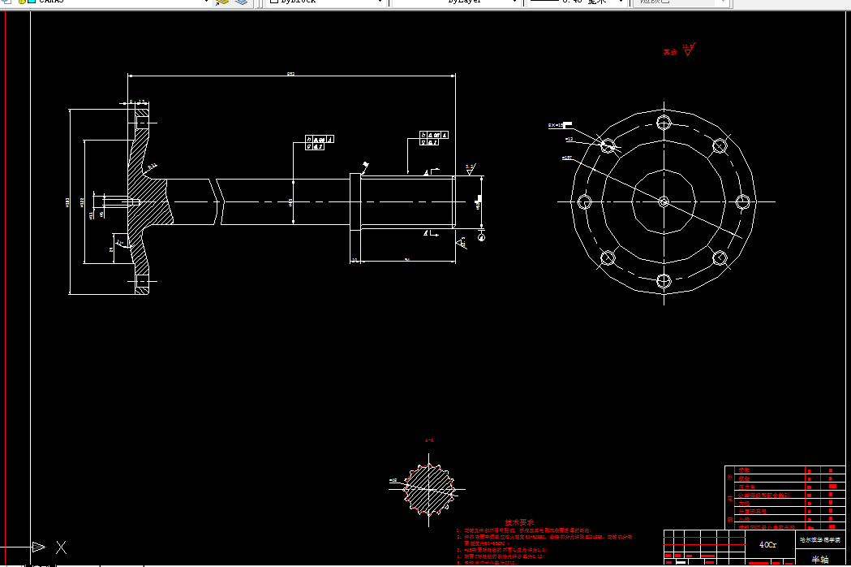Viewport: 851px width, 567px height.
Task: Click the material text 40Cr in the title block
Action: point(767,544)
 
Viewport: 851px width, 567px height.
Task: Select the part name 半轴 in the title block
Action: point(820,559)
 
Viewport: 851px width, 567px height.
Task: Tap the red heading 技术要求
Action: point(519,523)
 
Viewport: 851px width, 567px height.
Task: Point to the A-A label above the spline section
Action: point(429,440)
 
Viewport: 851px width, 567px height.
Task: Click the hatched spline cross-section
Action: point(429,488)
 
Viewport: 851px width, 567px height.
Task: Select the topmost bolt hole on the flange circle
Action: point(664,122)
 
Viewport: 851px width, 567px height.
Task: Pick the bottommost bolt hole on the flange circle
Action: point(664,282)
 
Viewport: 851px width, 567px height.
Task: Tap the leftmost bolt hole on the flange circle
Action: point(583,201)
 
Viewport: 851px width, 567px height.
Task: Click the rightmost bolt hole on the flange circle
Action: point(744,201)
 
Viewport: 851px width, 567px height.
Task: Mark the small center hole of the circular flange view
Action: point(664,201)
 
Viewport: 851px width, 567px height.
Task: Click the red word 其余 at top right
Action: point(669,52)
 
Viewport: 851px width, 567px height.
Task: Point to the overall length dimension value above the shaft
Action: point(290,74)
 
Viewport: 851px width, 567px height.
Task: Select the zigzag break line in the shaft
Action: point(217,201)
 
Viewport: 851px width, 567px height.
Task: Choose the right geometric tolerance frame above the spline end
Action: point(431,139)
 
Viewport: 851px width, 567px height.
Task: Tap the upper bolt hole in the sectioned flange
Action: point(142,123)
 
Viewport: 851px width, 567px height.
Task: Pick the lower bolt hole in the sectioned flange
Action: point(142,284)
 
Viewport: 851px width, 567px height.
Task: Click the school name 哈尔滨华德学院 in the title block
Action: point(820,539)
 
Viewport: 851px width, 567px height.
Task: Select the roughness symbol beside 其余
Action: point(689,50)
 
